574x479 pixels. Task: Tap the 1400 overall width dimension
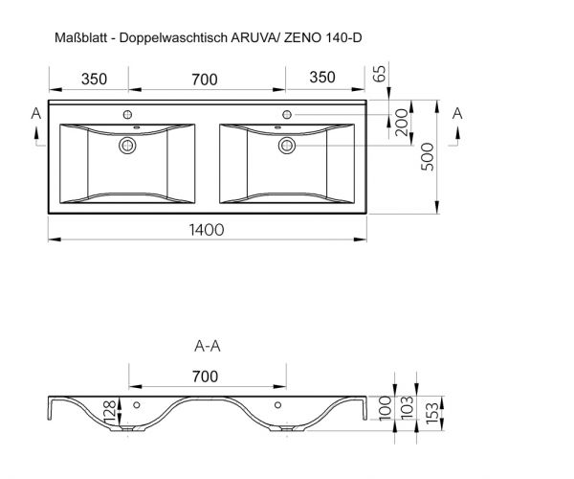click(207, 230)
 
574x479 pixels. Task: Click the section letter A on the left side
click(36, 114)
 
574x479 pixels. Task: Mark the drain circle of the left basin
click(126, 146)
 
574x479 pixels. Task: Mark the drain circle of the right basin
click(286, 146)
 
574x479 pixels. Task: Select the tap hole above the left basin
click(126, 114)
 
